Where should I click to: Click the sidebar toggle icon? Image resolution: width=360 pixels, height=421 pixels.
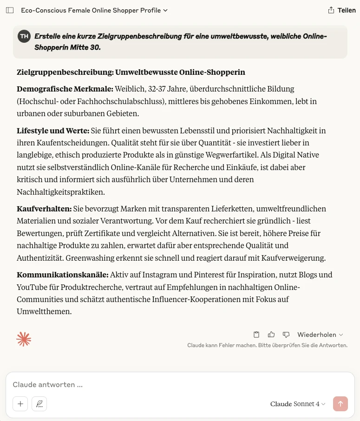(10, 10)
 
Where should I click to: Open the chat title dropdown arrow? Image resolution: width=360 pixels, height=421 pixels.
(166, 10)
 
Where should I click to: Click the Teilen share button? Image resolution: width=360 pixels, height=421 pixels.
(342, 10)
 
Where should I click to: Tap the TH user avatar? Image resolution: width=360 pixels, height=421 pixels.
(24, 36)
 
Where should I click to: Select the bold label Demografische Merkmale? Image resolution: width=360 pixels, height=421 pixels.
(65, 89)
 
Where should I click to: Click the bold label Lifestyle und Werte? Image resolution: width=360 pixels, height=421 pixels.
(52, 131)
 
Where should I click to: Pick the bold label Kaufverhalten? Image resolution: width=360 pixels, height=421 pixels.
(44, 209)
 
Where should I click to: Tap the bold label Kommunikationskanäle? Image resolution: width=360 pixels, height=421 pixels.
(62, 275)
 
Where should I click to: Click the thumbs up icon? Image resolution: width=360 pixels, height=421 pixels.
(271, 335)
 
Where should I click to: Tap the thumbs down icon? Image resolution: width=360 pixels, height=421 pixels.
(286, 335)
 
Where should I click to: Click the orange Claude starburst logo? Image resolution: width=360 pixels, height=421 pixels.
(24, 339)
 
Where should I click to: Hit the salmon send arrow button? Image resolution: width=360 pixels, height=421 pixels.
(340, 404)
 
